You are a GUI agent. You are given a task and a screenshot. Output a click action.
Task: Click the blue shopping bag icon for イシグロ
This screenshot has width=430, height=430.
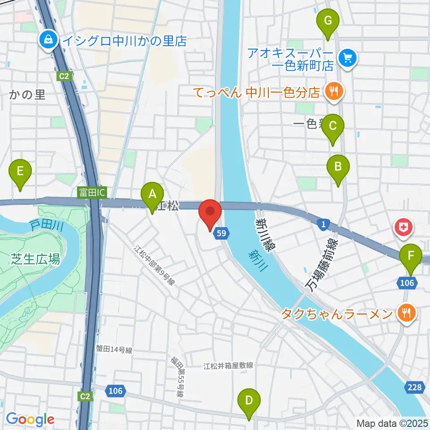click(x=47, y=41)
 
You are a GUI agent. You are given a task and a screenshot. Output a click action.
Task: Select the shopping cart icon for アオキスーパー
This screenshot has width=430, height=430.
click(x=347, y=59)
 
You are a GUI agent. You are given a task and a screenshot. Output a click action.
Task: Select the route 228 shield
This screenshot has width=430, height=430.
click(x=415, y=387)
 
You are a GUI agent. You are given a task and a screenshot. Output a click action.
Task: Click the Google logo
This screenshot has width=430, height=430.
click(x=30, y=419)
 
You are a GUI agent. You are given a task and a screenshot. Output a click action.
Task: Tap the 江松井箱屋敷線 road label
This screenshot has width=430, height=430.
click(x=228, y=366)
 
